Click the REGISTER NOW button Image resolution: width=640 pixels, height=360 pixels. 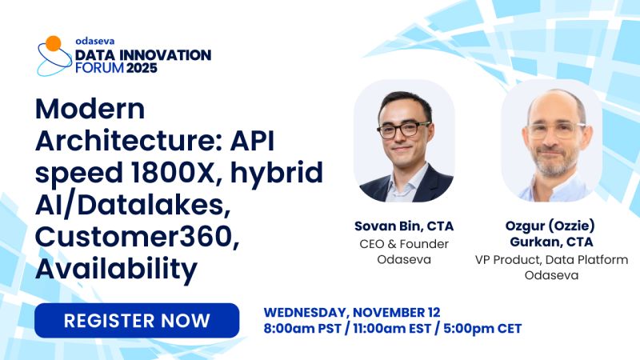tap(137, 321)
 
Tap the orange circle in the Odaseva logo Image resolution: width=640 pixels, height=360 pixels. tap(53, 43)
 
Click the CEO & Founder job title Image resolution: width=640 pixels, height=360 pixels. tap(403, 243)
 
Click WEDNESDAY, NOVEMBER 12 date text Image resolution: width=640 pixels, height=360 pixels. tap(352, 311)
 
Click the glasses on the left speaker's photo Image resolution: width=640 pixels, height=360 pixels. tap(403, 129)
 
